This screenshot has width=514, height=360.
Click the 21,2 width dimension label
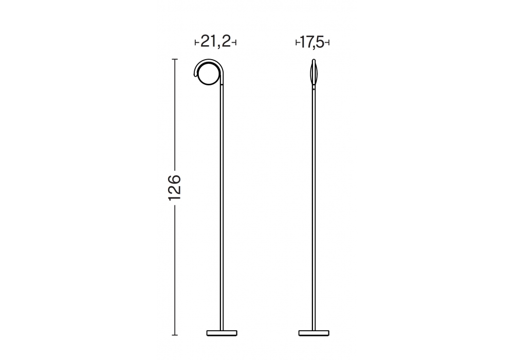215,42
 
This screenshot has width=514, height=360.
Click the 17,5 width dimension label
312,42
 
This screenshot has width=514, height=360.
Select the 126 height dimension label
174,188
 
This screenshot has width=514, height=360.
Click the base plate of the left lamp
222,333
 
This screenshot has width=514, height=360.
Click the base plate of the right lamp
314,333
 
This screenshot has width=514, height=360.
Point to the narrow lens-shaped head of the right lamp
314,73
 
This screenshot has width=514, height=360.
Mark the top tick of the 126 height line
175,59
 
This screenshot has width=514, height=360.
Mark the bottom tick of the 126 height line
175,335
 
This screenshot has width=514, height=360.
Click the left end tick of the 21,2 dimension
196,43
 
